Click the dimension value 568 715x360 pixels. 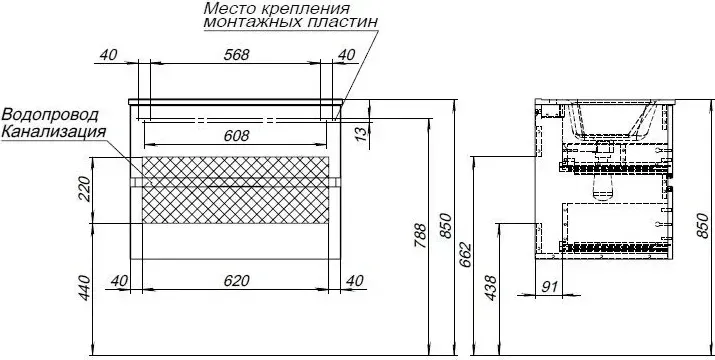[236, 55]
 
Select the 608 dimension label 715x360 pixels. [236, 136]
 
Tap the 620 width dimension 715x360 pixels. [236, 281]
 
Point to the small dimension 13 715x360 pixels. [361, 134]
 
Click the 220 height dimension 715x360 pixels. [85, 188]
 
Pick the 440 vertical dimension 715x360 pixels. [85, 288]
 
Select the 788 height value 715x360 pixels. [420, 235]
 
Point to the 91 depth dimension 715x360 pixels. [549, 287]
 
